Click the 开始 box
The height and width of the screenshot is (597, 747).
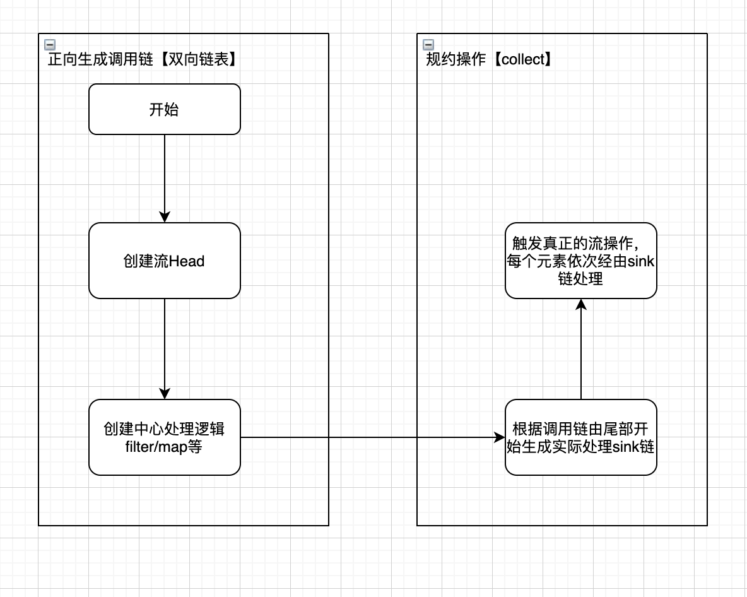tap(164, 109)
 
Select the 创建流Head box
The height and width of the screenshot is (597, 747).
tap(164, 261)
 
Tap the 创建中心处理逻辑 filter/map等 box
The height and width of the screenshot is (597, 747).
tap(164, 437)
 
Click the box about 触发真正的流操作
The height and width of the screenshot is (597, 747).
tap(580, 261)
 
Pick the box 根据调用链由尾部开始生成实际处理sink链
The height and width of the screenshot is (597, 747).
tap(580, 437)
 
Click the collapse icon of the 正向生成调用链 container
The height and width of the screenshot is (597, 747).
tap(49, 44)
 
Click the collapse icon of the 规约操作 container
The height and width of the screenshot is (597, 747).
tap(428, 44)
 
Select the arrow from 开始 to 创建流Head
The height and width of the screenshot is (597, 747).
tap(165, 177)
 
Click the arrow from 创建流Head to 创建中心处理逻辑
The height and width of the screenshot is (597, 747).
tap(165, 347)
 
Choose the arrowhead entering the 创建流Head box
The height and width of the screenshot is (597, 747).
tap(165, 217)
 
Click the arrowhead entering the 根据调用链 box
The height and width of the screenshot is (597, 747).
tap(500, 437)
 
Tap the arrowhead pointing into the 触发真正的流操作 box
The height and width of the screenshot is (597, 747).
tap(581, 304)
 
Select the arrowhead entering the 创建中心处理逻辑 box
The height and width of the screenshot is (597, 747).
tap(165, 394)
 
